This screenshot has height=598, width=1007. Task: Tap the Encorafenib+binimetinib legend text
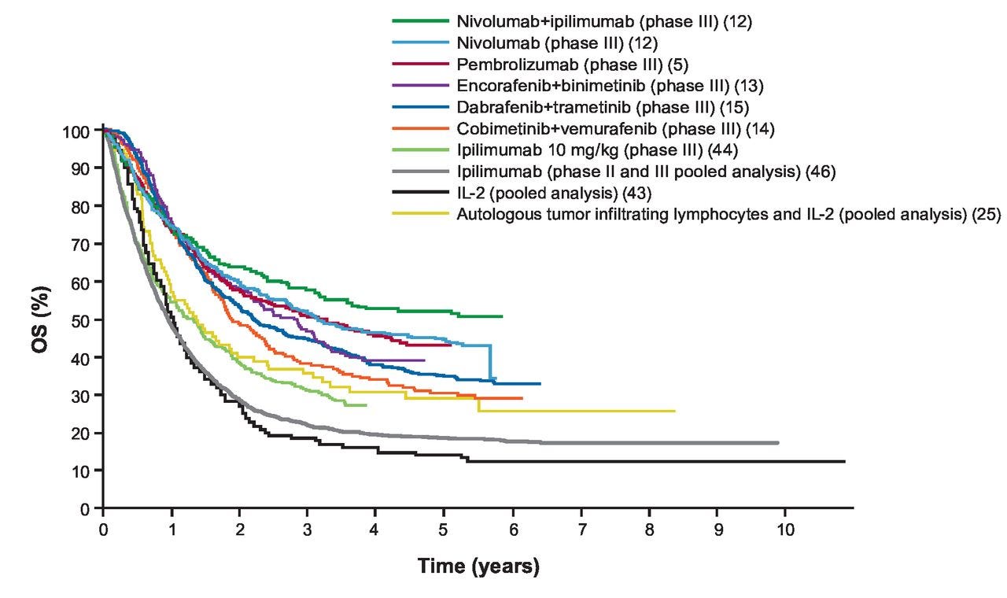(610, 85)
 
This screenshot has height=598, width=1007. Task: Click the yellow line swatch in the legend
(419, 212)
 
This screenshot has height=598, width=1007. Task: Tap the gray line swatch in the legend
(419, 170)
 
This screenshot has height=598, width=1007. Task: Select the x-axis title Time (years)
(478, 567)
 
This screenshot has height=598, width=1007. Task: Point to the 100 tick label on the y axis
(81, 131)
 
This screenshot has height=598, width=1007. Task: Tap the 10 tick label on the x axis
(785, 527)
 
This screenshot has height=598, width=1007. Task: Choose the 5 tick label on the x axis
(444, 527)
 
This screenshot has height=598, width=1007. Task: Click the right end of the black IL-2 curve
(844, 462)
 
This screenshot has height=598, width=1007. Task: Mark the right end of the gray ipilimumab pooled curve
(777, 443)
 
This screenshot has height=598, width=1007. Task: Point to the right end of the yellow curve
(674, 411)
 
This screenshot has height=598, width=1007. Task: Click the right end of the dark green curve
(502, 316)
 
